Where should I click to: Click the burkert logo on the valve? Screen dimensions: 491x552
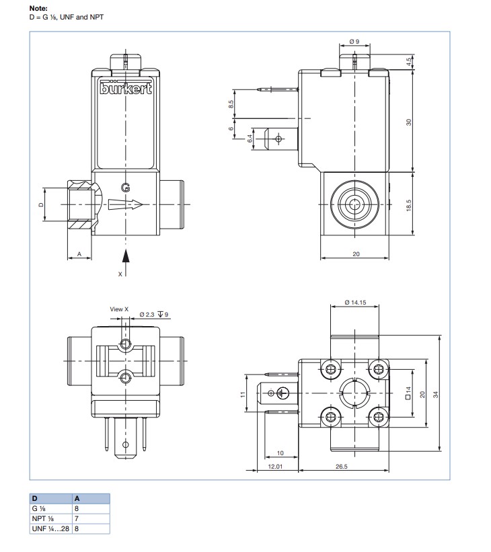click(126, 88)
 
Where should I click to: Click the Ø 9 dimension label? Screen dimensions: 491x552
click(354, 42)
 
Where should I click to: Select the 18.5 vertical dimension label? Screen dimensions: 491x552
click(408, 205)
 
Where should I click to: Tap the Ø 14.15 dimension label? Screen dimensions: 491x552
click(355, 303)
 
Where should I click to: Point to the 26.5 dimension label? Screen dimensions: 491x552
click(341, 467)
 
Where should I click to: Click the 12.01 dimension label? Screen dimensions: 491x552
click(275, 467)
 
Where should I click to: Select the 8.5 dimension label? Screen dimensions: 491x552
click(231, 104)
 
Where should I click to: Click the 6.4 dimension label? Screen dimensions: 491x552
click(250, 139)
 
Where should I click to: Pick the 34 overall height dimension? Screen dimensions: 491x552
click(436, 394)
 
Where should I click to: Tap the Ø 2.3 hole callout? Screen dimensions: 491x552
click(147, 315)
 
